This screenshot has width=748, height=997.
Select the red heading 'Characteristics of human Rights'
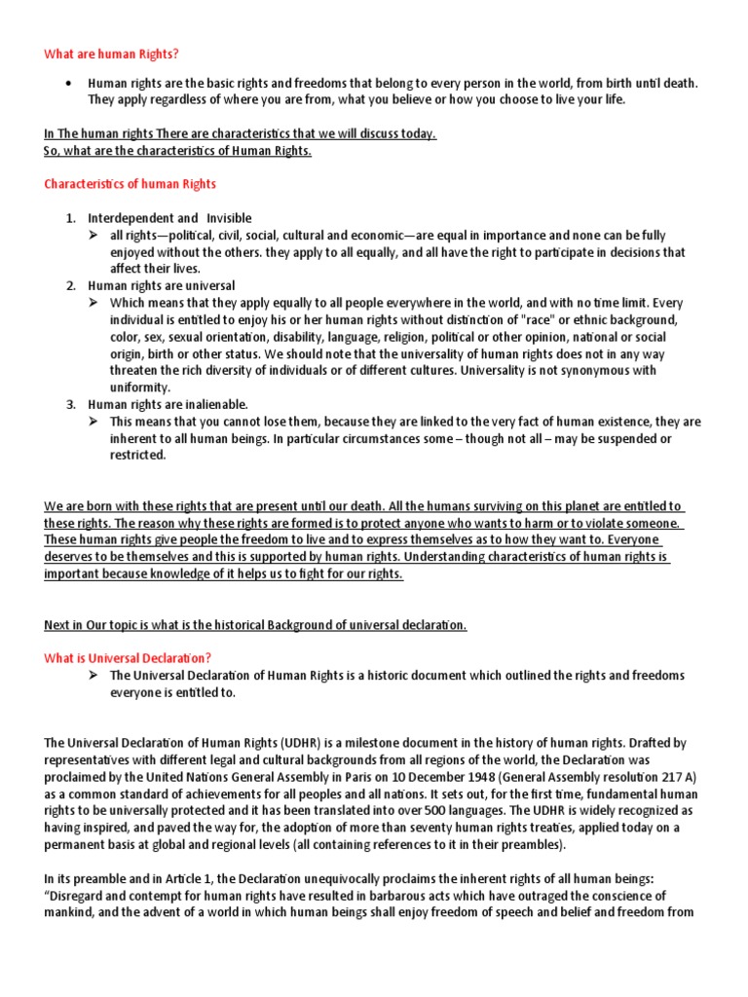coord(131,183)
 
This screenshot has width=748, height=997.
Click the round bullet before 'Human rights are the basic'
coord(68,83)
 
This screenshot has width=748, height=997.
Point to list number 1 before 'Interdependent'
coord(71,218)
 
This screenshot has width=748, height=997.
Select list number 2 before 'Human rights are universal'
coord(71,285)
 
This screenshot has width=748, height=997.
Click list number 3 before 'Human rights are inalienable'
coord(71,404)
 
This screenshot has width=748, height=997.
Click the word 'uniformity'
coord(139,387)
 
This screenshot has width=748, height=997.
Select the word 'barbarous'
coord(426,896)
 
